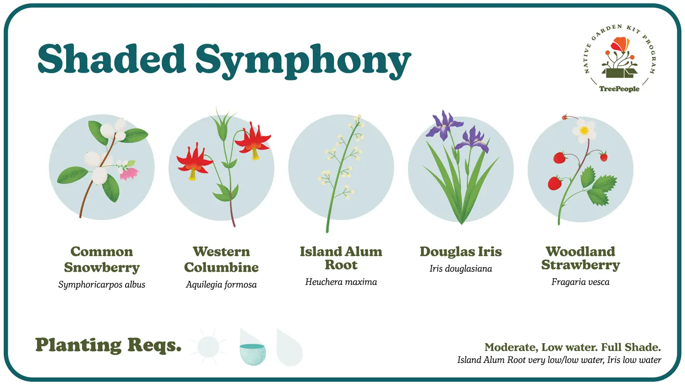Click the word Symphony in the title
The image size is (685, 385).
(x=303, y=61)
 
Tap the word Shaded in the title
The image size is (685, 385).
(x=112, y=58)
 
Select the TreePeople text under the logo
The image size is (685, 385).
(x=619, y=89)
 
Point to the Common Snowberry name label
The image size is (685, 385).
(x=102, y=260)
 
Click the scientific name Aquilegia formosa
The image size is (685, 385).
(x=221, y=285)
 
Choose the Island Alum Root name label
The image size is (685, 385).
(x=341, y=258)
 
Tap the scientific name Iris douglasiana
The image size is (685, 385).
(x=460, y=269)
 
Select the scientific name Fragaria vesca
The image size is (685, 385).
(x=580, y=282)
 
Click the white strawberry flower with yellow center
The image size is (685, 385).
(x=584, y=130)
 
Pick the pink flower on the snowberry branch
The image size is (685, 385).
(x=129, y=173)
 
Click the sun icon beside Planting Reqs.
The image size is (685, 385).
(x=208, y=347)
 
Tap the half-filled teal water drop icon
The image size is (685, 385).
(x=252, y=348)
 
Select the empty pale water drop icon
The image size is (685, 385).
(x=289, y=348)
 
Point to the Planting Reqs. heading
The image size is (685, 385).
(x=108, y=345)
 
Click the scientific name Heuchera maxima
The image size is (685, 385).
(x=341, y=282)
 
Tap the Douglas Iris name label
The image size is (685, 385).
(x=460, y=252)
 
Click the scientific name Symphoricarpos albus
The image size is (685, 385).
(x=102, y=285)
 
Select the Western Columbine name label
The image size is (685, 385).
(x=221, y=260)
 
